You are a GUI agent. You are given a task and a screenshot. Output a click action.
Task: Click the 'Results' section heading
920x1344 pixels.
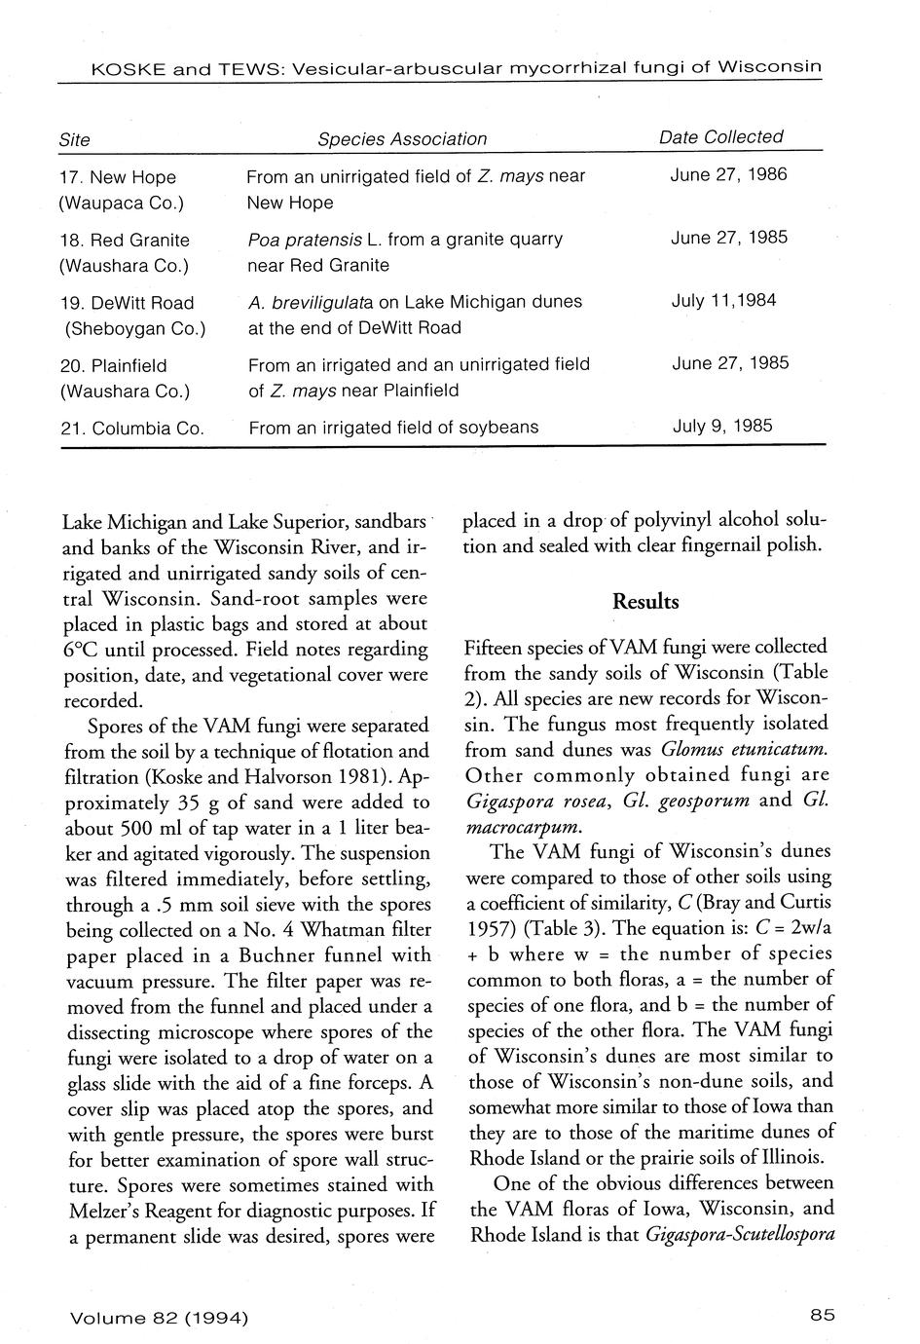pos(645,602)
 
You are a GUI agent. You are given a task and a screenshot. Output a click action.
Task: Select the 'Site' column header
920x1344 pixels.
pos(75,140)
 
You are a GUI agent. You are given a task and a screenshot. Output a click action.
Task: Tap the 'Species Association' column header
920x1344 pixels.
pos(402,139)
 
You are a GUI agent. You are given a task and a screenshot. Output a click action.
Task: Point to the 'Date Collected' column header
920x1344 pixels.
pos(721,137)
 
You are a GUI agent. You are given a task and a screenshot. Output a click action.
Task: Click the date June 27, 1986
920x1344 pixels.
pos(729,175)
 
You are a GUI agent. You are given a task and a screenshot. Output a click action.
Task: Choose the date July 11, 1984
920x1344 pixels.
pos(724,300)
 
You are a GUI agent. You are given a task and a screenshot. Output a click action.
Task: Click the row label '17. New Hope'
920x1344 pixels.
pos(118,177)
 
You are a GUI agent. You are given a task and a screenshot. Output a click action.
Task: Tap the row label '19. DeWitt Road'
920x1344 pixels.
pos(127,303)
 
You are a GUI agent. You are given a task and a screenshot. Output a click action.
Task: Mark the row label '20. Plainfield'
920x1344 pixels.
pos(113,366)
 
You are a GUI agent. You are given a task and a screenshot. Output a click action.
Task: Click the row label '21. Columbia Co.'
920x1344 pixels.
pos(131,428)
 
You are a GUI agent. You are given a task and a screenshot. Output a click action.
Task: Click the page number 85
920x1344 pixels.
pos(823,1315)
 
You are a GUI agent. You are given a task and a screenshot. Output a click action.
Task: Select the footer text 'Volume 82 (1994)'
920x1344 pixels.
pos(159,1318)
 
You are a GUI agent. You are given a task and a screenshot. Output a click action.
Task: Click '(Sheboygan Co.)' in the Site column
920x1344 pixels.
pos(134,328)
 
